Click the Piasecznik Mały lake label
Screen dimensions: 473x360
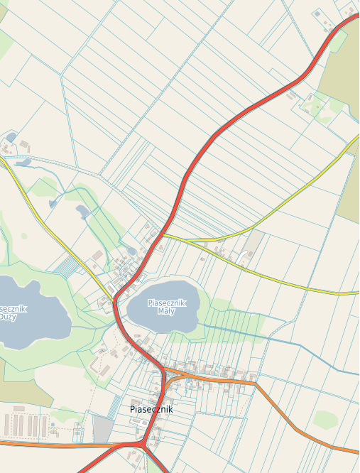(166, 307)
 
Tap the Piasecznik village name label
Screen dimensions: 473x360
(151, 410)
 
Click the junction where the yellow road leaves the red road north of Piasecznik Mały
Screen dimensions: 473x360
(163, 234)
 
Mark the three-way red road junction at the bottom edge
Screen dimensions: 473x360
(144, 445)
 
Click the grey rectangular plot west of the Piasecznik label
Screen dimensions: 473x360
(103, 429)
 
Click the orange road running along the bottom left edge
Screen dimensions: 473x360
(43, 445)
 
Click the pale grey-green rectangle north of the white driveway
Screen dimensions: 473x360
(253, 241)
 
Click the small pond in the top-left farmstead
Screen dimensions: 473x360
(11, 136)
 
